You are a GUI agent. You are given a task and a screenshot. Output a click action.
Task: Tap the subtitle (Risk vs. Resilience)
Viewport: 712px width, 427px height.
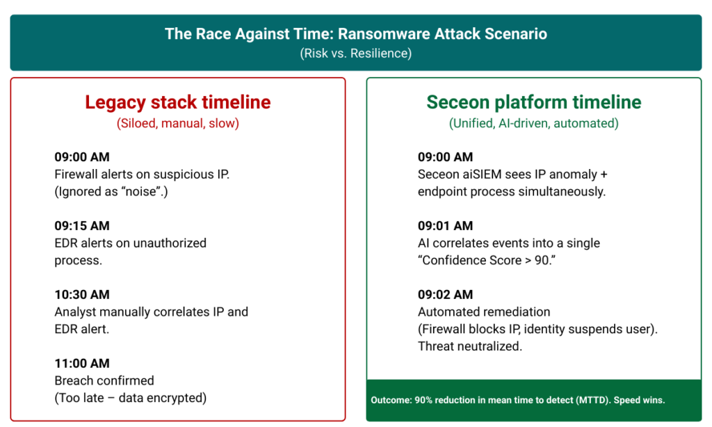coord(355,53)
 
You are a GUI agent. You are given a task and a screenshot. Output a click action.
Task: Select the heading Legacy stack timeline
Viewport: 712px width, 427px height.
coord(177,102)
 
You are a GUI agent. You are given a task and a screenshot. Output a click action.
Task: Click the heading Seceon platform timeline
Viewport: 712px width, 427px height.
coord(533,102)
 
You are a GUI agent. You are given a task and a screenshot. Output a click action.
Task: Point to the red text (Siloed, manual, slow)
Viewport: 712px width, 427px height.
coord(177,123)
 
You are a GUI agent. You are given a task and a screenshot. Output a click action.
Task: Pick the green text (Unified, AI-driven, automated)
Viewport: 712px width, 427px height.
coord(533,123)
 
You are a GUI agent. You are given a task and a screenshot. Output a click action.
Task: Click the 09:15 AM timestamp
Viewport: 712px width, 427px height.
coord(82,226)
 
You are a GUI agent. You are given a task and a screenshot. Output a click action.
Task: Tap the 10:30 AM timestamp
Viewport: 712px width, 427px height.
coord(82,294)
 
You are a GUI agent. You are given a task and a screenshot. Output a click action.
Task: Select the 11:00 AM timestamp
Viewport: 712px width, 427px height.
coord(82,364)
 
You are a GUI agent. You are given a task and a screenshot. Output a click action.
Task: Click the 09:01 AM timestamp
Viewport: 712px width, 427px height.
coord(445,226)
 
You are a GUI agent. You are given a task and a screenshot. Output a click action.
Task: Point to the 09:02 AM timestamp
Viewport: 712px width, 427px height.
coord(445,294)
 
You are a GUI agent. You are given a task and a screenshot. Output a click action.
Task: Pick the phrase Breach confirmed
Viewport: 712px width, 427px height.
coord(104,380)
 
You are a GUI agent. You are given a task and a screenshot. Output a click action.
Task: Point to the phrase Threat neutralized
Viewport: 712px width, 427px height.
coord(470,346)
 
